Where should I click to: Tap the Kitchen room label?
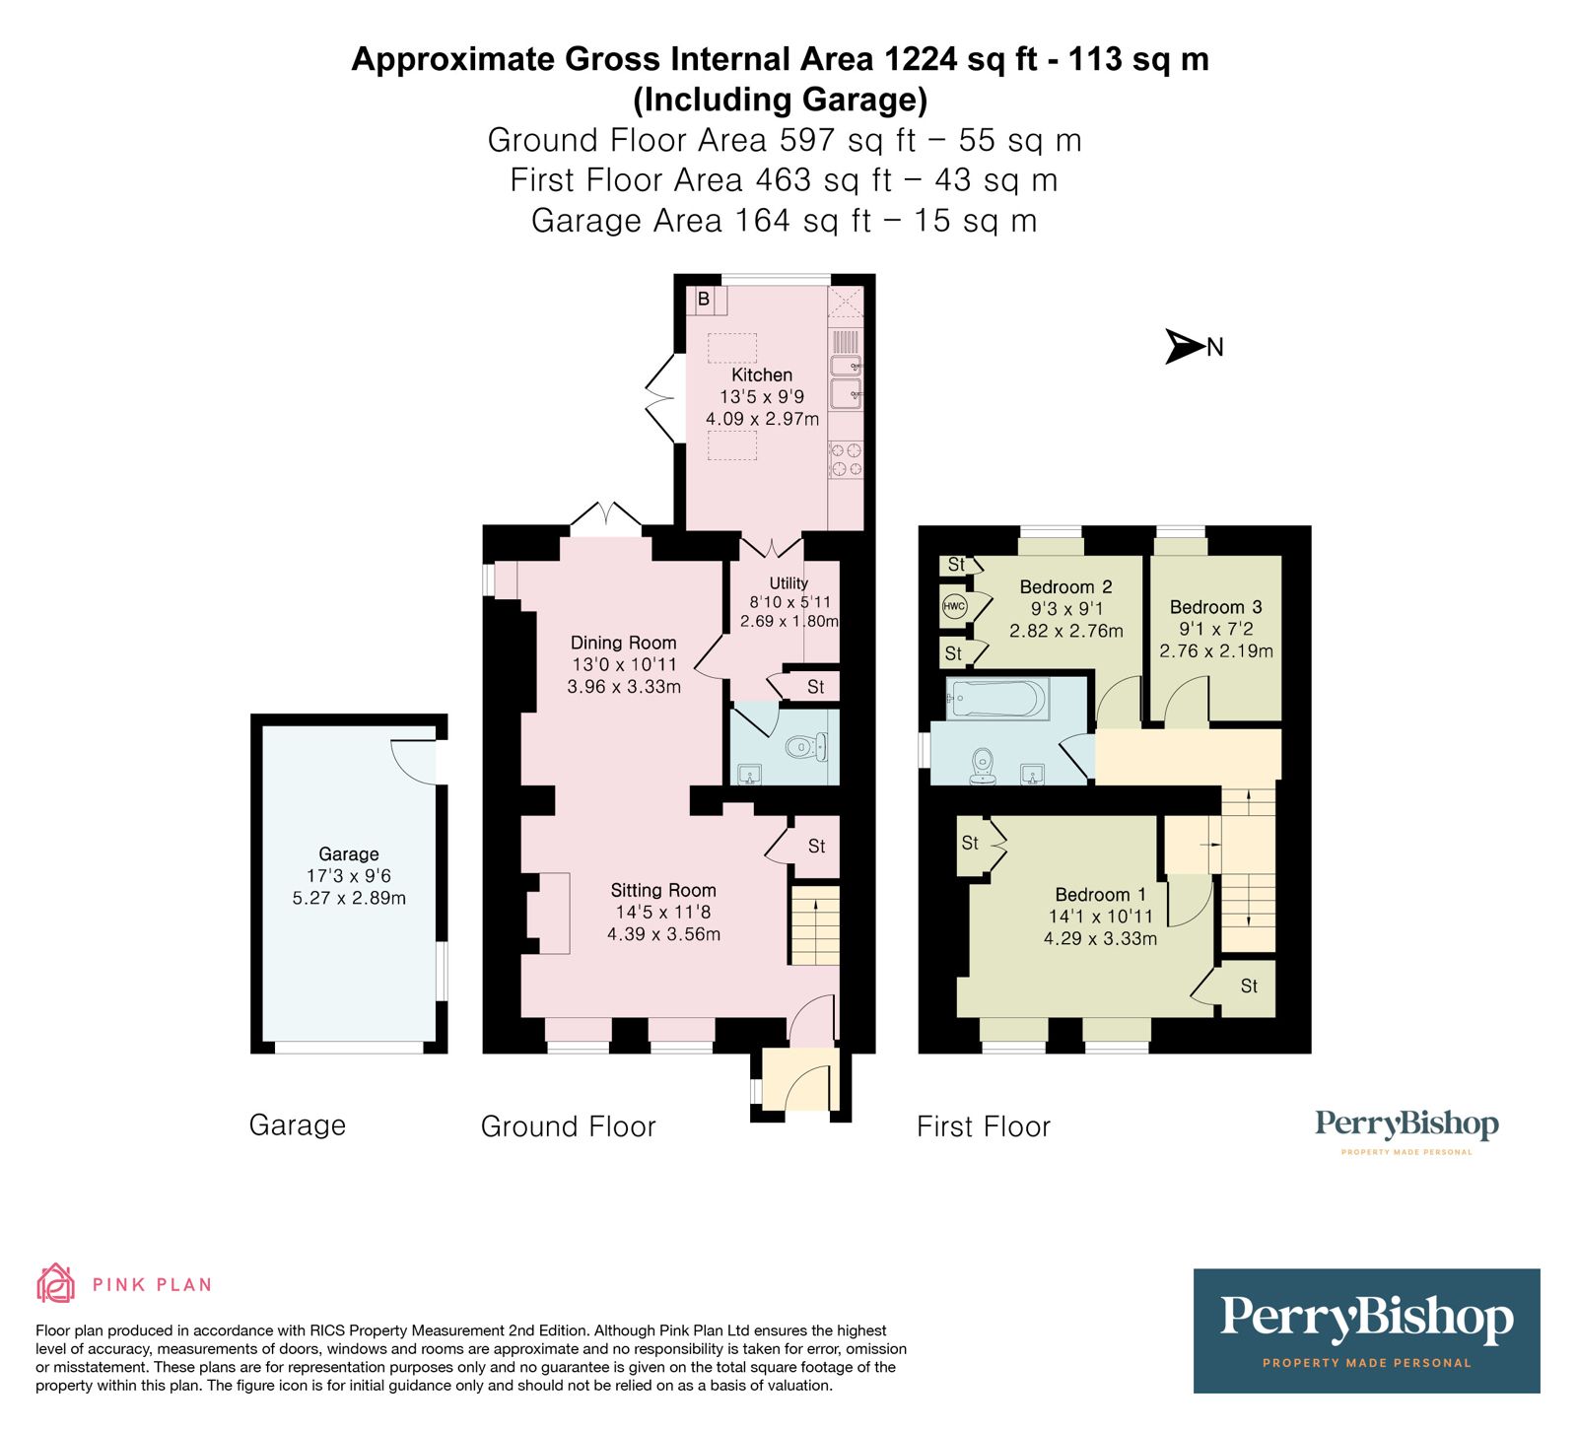coord(762,375)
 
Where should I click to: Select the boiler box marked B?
coord(704,299)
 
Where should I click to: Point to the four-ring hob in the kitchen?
coord(846,459)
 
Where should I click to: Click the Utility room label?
coord(788,582)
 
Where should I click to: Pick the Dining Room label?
coord(624,643)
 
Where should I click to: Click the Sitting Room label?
coord(663,890)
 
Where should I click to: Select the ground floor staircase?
coord(814,925)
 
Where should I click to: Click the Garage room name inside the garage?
coord(349,854)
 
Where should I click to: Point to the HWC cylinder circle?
coord(954,606)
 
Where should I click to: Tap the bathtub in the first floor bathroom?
coord(997,700)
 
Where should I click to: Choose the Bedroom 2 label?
coord(1066,586)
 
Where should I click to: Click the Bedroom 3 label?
coord(1216,607)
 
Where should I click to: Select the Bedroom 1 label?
coord(1101,895)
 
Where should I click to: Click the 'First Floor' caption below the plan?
coord(984,1126)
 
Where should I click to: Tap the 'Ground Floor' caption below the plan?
coord(569,1126)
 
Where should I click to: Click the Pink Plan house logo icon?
coord(55,1283)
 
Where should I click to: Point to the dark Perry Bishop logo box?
coord(1366,1330)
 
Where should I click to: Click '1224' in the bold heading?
coord(921,59)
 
